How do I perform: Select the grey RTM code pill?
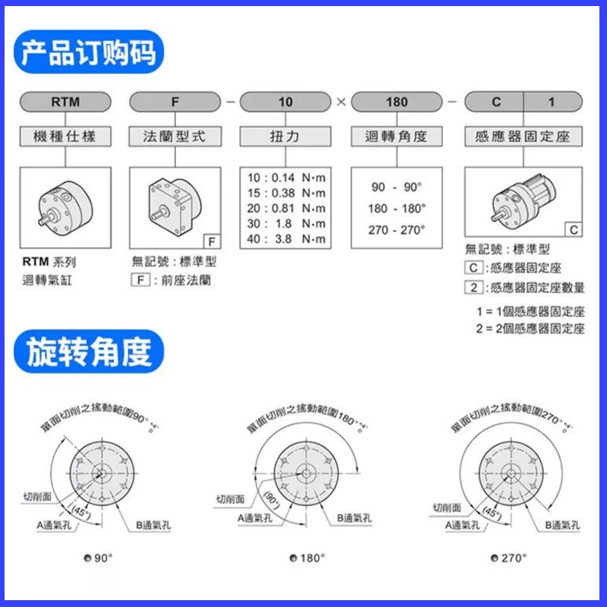click(64, 101)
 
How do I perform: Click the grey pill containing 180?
click(396, 101)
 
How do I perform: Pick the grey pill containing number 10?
click(285, 101)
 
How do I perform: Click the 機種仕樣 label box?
click(64, 137)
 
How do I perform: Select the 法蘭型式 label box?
click(175, 137)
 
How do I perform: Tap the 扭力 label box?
click(285, 137)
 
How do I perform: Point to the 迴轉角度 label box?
click(396, 137)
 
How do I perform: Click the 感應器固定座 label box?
click(523, 137)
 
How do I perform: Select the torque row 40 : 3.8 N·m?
click(285, 239)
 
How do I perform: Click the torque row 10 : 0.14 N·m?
click(285, 177)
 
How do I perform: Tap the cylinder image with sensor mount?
click(523, 203)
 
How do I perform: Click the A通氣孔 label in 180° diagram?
click(257, 517)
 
